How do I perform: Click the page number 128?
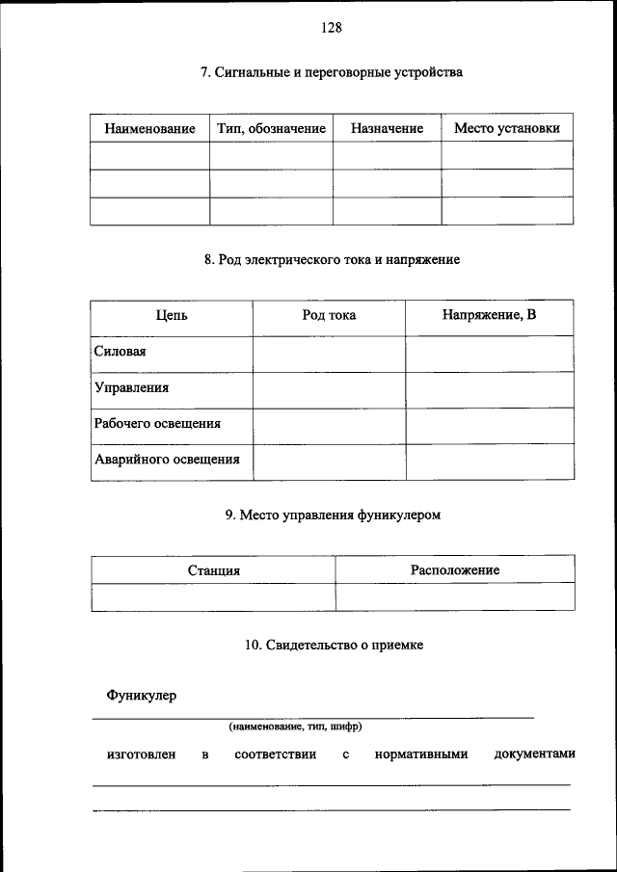332,28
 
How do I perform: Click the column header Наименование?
149,128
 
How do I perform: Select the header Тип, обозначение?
272,128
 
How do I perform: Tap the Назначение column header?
387,128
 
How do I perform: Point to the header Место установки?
506,128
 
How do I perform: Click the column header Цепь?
172,315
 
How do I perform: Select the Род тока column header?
329,315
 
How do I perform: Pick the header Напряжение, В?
489,315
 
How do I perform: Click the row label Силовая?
121,352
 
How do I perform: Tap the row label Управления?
132,387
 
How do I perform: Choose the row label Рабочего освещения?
157,423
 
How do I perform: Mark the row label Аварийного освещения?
167,459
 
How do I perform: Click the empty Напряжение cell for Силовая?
489,353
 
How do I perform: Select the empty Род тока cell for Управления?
329,388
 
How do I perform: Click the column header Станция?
213,570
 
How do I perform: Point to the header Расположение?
455,569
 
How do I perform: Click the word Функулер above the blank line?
142,695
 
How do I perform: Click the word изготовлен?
141,754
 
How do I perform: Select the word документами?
534,754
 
